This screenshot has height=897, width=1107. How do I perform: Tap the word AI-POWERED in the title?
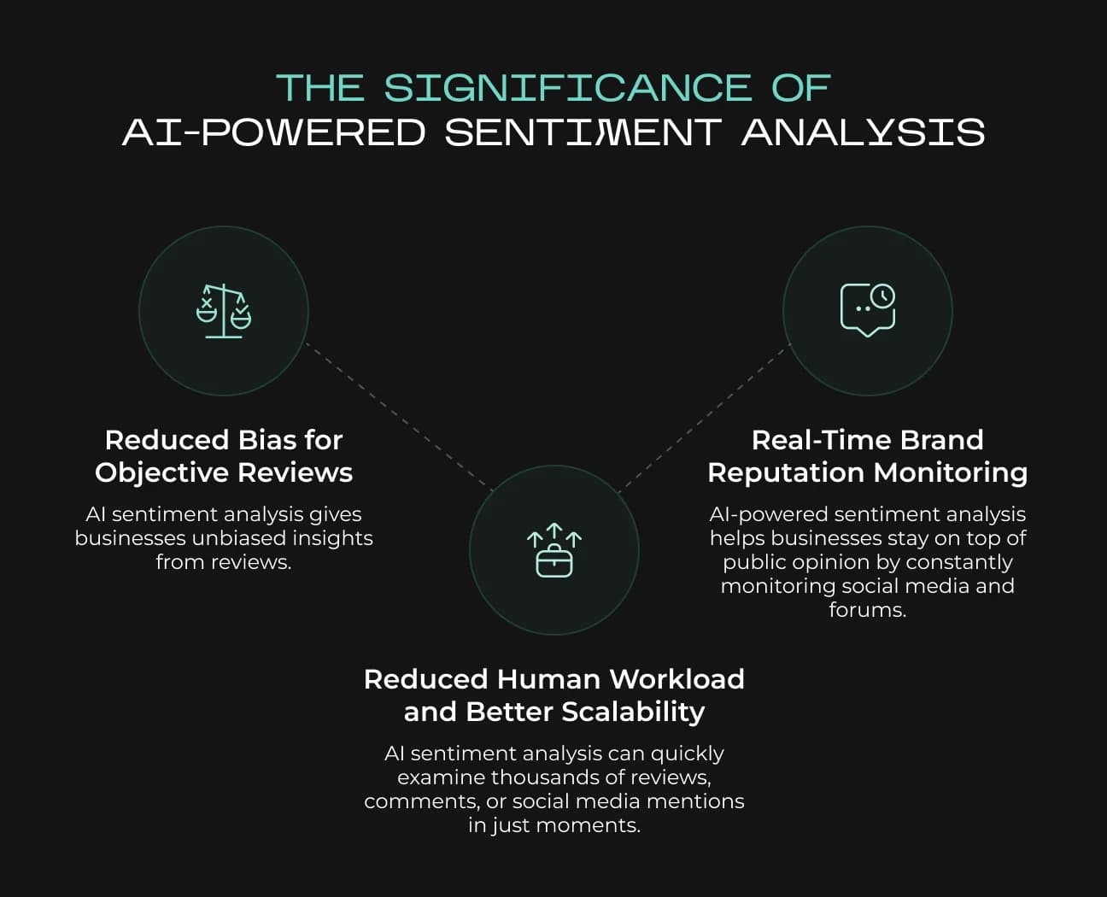pyautogui.click(x=273, y=132)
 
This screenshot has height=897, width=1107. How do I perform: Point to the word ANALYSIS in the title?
pyautogui.click(x=863, y=132)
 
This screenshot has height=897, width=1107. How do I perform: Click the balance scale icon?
pyautogui.click(x=224, y=311)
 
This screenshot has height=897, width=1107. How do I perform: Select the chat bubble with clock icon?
pyautogui.click(x=867, y=310)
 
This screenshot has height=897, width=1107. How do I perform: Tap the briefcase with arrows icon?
pyautogui.click(x=553, y=550)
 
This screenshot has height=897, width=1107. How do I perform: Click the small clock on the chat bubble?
pyautogui.click(x=882, y=296)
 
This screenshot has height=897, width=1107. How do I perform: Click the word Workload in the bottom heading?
pyautogui.click(x=676, y=679)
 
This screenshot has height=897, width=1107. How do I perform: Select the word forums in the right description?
pyautogui.click(x=866, y=610)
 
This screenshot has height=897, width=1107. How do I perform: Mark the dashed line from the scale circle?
pyautogui.click(x=400, y=417)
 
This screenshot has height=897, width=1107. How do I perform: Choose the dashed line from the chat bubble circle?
pyautogui.click(x=706, y=417)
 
